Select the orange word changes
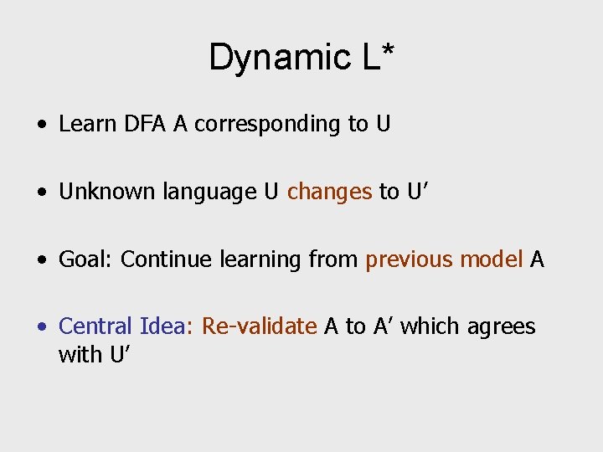coord(329,193)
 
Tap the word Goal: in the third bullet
coord(85,259)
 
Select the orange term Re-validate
coord(260,326)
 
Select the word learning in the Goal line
coord(260,260)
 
